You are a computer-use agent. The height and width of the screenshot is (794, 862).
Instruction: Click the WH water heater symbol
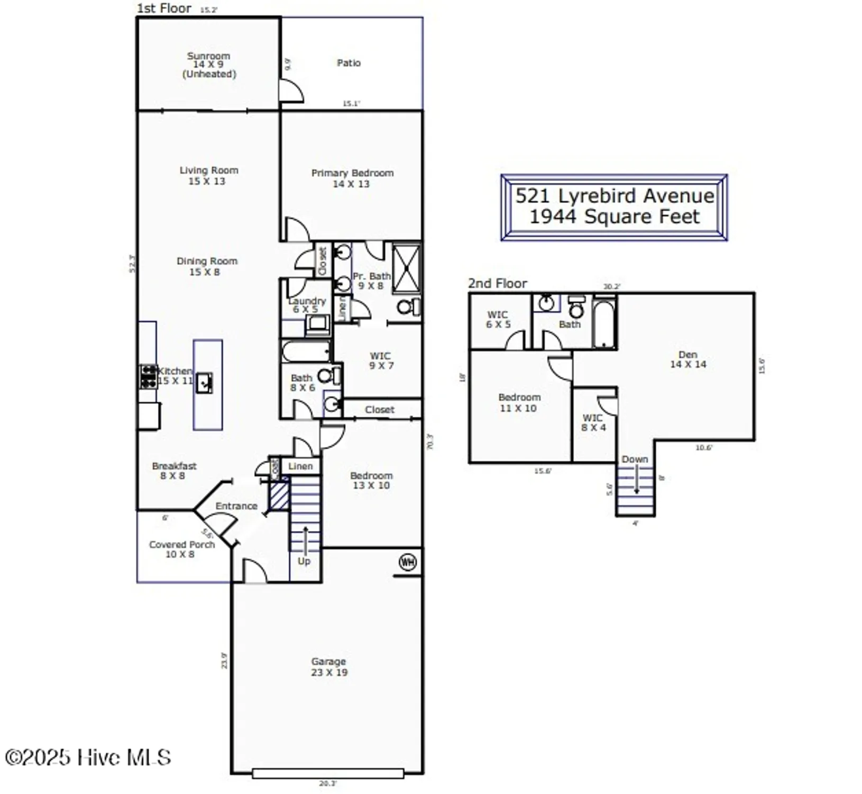pyautogui.click(x=407, y=562)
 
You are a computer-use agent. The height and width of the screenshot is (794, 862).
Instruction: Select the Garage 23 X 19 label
pyautogui.click(x=329, y=667)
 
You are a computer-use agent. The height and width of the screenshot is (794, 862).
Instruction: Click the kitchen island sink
pyautogui.click(x=204, y=382)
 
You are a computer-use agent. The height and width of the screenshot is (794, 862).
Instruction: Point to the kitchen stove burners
pyautogui.click(x=148, y=376)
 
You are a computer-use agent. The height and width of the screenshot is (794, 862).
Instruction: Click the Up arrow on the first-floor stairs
pyautogui.click(x=305, y=540)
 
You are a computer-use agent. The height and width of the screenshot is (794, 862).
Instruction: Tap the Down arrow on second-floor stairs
pyautogui.click(x=637, y=482)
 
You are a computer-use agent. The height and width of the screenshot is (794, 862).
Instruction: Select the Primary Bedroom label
pyautogui.click(x=352, y=178)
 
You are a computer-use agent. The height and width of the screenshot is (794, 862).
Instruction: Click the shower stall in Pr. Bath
pyautogui.click(x=407, y=268)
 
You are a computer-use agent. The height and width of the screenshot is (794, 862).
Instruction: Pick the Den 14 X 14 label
pyautogui.click(x=688, y=359)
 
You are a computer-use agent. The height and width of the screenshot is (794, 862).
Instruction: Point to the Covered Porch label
pyautogui.click(x=181, y=549)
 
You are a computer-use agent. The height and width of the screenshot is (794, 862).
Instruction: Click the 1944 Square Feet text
pyautogui.click(x=615, y=216)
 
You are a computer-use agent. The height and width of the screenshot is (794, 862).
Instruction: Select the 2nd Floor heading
pyautogui.click(x=497, y=284)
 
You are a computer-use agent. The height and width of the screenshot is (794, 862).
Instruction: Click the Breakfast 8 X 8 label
pyautogui.click(x=174, y=471)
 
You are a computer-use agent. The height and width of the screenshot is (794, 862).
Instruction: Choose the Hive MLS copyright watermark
pyautogui.click(x=88, y=757)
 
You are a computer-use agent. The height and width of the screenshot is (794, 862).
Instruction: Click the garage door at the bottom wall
pyautogui.click(x=328, y=773)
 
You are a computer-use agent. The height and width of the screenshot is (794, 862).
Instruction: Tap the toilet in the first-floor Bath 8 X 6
pyautogui.click(x=327, y=376)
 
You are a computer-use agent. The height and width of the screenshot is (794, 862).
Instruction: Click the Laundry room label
pyautogui.click(x=307, y=304)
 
